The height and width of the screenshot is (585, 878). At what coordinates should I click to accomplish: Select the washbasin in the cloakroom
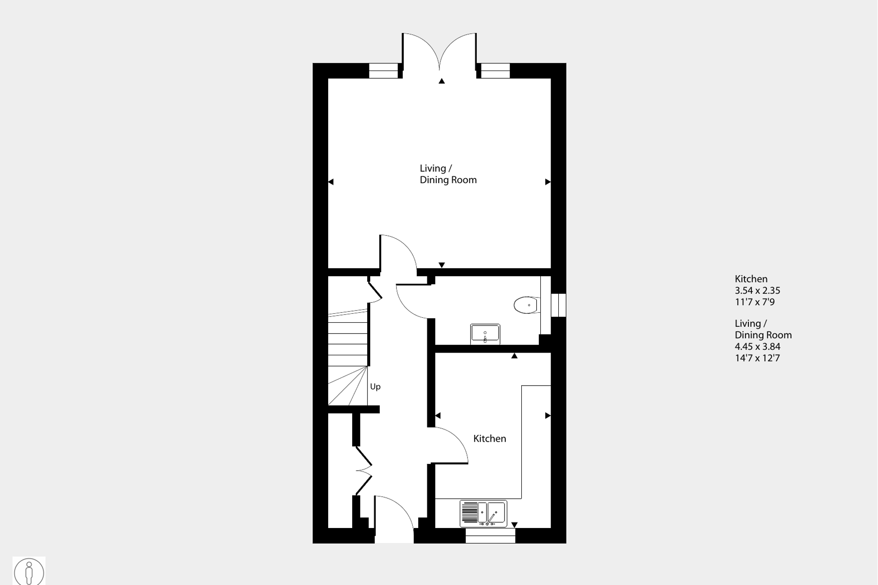(485, 334)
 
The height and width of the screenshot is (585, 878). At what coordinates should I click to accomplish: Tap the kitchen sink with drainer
(483, 514)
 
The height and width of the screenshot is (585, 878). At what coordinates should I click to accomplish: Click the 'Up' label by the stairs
(375, 387)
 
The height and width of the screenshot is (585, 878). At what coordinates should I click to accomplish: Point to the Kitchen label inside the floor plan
(490, 439)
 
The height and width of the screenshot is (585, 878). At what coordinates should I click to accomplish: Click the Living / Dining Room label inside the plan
(448, 174)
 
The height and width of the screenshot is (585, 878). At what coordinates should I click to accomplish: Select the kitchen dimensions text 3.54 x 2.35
(757, 290)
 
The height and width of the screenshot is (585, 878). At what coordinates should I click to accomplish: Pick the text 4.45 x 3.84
(757, 346)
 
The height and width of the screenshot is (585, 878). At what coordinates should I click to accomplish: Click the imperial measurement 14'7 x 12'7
(757, 358)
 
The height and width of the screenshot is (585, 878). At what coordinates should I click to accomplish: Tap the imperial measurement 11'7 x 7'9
(755, 302)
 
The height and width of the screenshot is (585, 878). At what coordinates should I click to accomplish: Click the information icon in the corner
(29, 572)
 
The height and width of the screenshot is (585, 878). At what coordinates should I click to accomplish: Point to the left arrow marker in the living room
(331, 182)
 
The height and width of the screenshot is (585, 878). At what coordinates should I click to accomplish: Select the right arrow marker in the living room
(548, 182)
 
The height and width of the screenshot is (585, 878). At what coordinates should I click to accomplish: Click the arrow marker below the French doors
(442, 81)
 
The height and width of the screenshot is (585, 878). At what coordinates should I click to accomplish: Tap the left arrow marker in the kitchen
(438, 415)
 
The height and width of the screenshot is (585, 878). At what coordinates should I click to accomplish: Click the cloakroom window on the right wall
(558, 305)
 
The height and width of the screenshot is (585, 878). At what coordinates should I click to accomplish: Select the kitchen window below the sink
(491, 536)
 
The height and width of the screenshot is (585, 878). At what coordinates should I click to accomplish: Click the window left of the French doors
(383, 71)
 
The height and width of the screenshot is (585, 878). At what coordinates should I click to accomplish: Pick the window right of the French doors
(495, 71)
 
